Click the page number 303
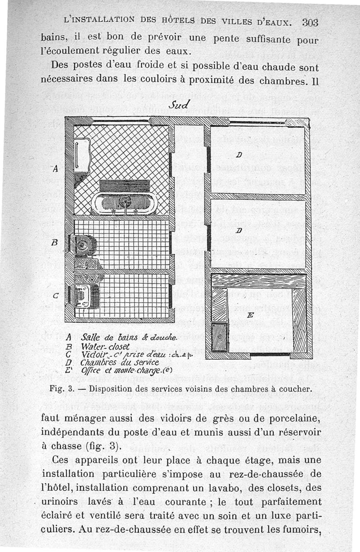310,23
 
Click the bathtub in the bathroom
125,203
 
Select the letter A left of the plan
55,169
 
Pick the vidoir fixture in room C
84,296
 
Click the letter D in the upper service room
239,155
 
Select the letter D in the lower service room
239,231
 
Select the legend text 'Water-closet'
100,347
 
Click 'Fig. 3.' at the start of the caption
80,388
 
